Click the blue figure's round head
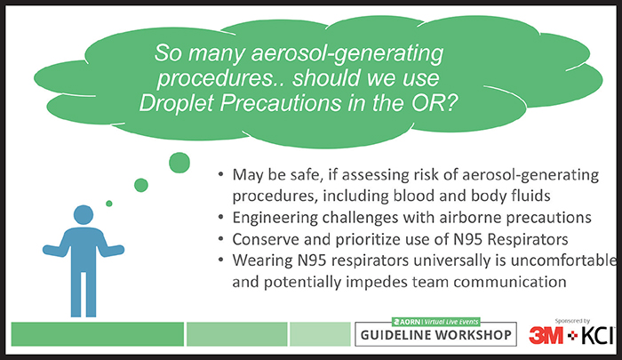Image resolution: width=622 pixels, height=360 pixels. coord(84,215)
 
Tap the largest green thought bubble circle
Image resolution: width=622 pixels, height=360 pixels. coord(179,163)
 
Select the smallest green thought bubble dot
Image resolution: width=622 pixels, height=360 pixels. coord(109,204)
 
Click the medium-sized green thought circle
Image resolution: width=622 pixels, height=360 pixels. coord(140,185)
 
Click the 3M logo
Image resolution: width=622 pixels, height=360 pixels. coord(546,335)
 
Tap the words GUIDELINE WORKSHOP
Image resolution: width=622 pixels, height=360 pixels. coord(435,335)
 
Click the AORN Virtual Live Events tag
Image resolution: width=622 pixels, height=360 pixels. coord(435,322)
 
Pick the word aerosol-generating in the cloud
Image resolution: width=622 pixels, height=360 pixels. coord(347,53)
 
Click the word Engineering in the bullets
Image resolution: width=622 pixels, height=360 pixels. coord(275,218)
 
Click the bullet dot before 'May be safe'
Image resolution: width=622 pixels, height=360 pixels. coord(221,174)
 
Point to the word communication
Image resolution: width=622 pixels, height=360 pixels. coord(510,282)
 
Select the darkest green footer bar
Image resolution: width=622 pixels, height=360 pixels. coord(98,334)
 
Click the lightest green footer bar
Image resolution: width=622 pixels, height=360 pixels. coord(320,334)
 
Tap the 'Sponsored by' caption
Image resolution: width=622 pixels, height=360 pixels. coord(572,321)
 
